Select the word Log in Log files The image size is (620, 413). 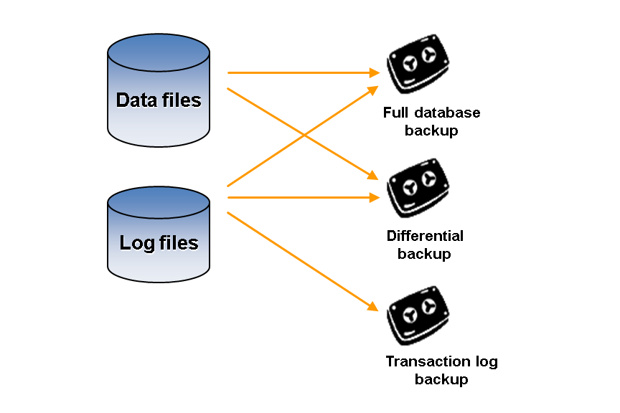pos(137,243)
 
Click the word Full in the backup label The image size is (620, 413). pos(395,113)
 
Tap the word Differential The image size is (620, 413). pos(425,236)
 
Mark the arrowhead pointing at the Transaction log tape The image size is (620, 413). pos(374,307)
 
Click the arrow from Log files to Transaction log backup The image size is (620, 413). pos(301,260)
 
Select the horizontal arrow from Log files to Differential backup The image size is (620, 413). pos(301,196)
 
